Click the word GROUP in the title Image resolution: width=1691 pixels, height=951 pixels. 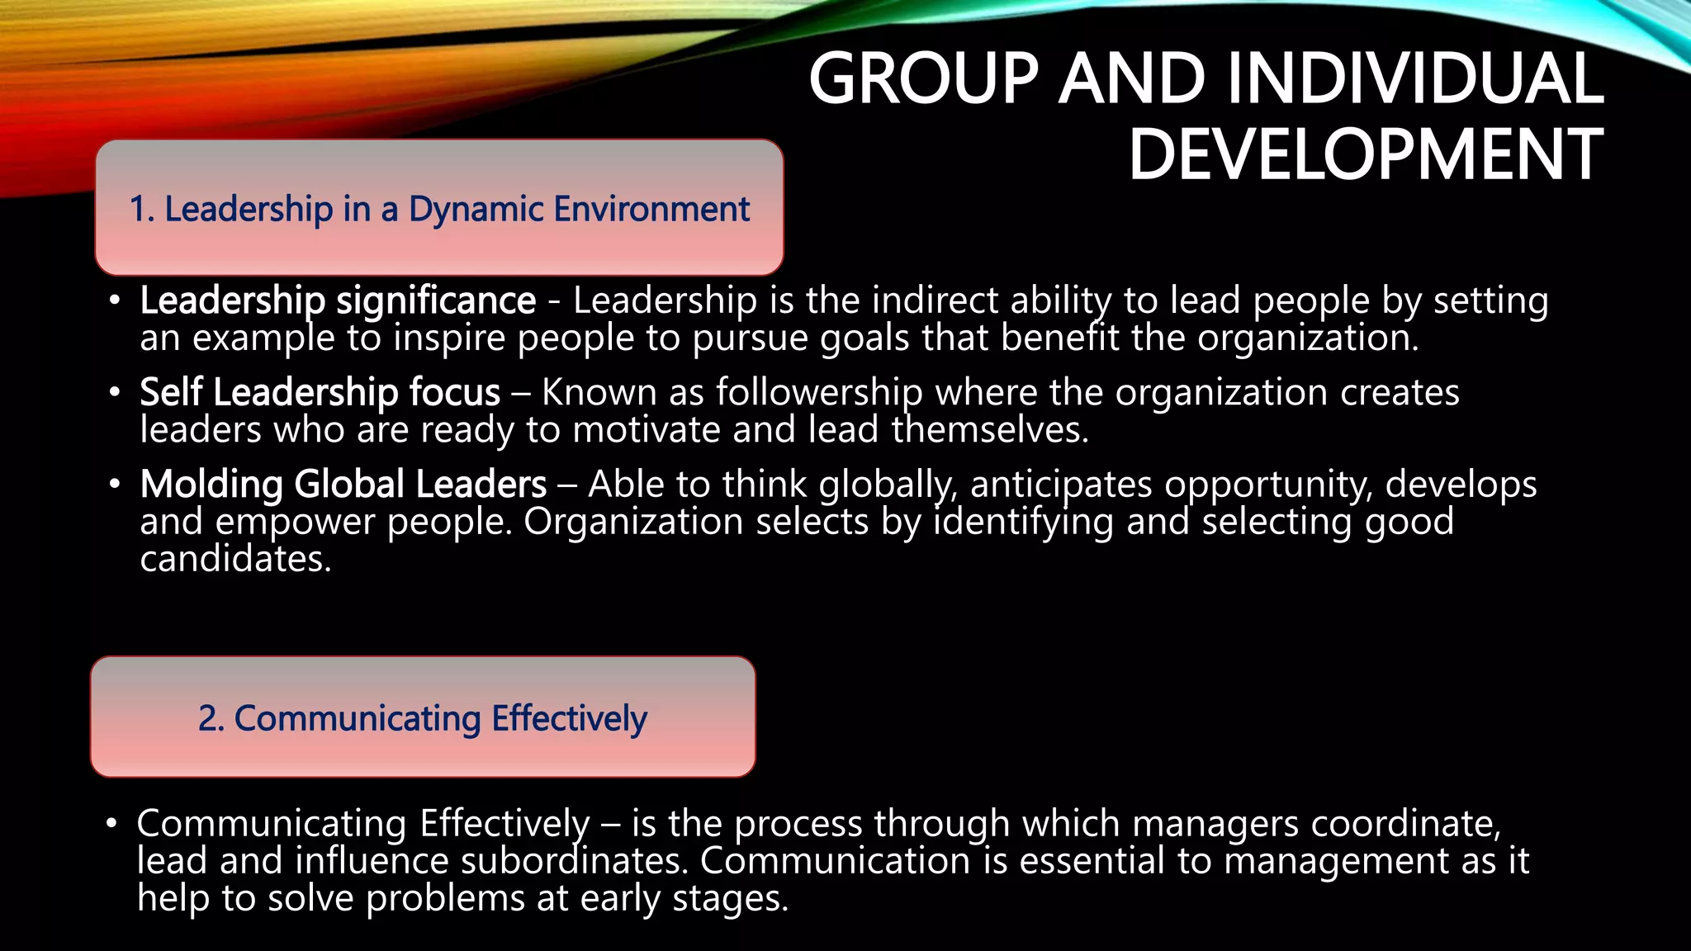[x=923, y=79]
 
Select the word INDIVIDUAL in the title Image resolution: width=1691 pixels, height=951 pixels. [x=1415, y=79]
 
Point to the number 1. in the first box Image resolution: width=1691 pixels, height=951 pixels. [x=141, y=210]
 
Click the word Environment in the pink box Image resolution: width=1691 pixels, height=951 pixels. [x=651, y=210]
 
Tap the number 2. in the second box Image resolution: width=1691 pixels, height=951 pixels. [x=211, y=719]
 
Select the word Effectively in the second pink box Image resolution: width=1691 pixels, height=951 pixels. [x=569, y=719]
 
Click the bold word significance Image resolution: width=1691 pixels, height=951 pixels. [x=436, y=300]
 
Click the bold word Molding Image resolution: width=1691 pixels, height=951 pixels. [x=211, y=485]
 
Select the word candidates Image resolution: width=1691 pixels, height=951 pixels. [x=235, y=560]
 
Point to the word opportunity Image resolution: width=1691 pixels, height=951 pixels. [x=1268, y=485]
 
